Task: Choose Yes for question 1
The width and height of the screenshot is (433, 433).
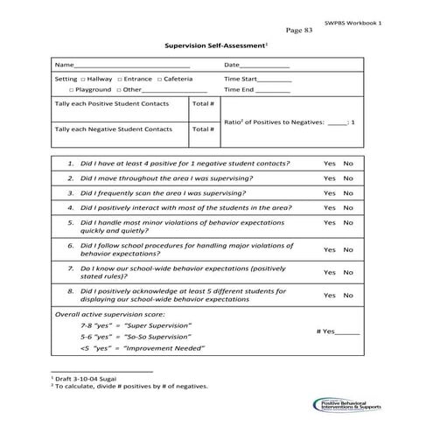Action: (x=329, y=164)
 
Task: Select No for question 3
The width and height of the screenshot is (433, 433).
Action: (x=348, y=192)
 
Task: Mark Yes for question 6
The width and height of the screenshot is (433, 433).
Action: (x=329, y=249)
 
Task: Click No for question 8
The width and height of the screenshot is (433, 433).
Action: (x=348, y=295)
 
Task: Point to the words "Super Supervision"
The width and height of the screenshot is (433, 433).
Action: (x=157, y=325)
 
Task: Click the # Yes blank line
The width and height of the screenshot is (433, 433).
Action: (x=347, y=333)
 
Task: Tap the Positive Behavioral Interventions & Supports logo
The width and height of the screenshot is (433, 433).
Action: (x=346, y=403)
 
